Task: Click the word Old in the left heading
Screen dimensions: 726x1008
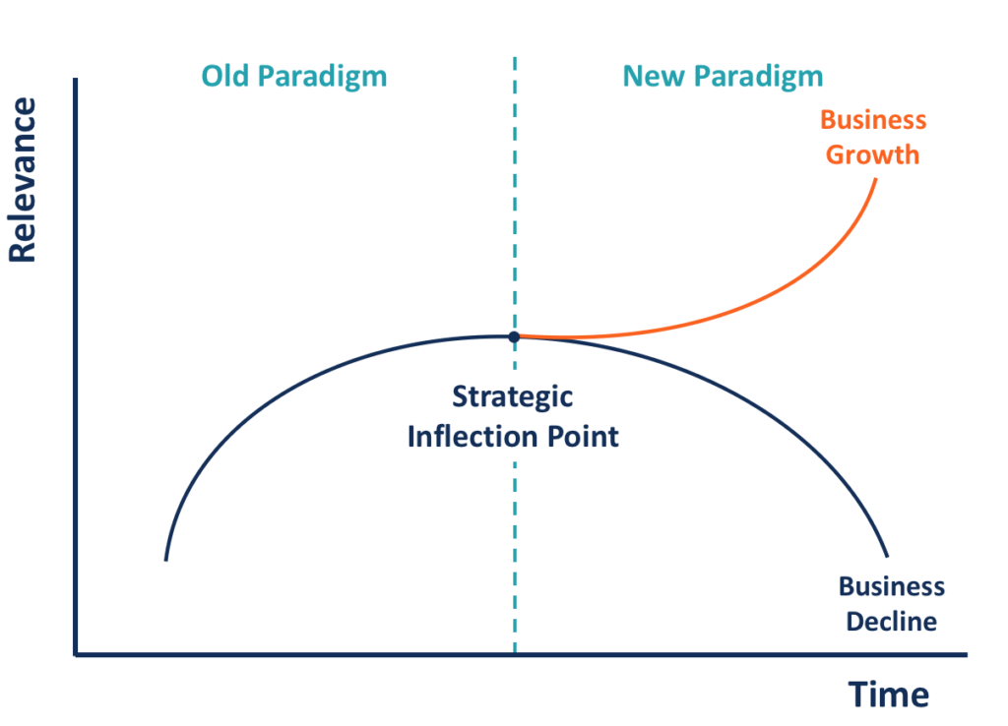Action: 225,76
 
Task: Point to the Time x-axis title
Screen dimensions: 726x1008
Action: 889,695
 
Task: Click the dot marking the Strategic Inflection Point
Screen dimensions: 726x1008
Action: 514,336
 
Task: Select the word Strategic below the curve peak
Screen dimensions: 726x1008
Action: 512,397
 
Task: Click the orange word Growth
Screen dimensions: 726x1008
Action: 872,154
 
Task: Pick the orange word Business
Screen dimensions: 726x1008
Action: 873,120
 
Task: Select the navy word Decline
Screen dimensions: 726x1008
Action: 892,622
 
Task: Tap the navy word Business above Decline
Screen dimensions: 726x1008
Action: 891,587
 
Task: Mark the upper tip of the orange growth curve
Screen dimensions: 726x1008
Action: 875,179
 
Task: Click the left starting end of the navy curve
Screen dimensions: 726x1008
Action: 165,560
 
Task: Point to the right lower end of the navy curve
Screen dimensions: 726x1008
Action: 888,557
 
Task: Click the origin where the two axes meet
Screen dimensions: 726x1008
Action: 76,654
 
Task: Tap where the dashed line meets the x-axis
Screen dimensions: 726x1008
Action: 514,654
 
